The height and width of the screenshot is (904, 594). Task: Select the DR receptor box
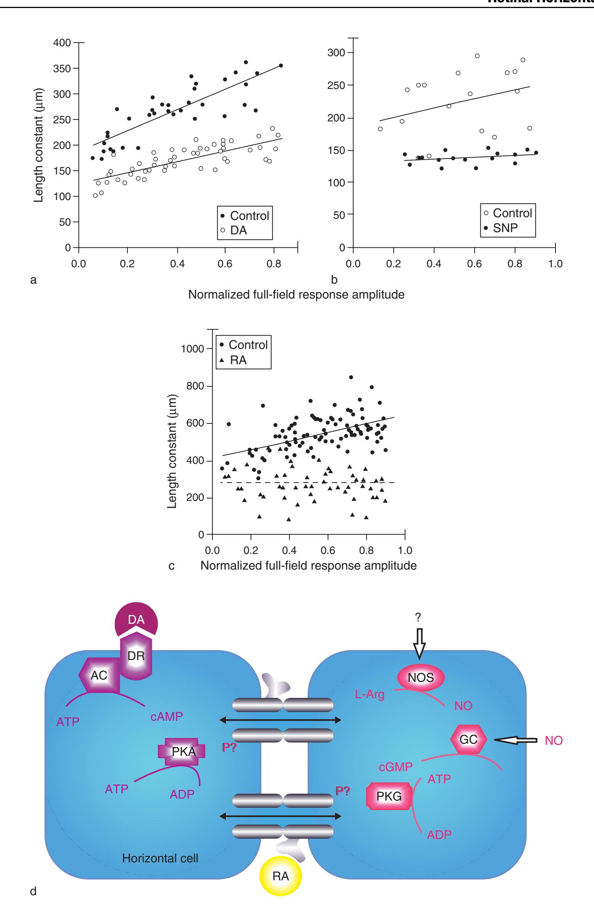(x=136, y=656)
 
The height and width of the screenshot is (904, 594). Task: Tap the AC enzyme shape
(x=98, y=675)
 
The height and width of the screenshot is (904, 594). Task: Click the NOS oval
(x=421, y=678)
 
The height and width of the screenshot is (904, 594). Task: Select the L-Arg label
(x=370, y=694)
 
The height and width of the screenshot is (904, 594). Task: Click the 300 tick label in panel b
(x=336, y=53)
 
